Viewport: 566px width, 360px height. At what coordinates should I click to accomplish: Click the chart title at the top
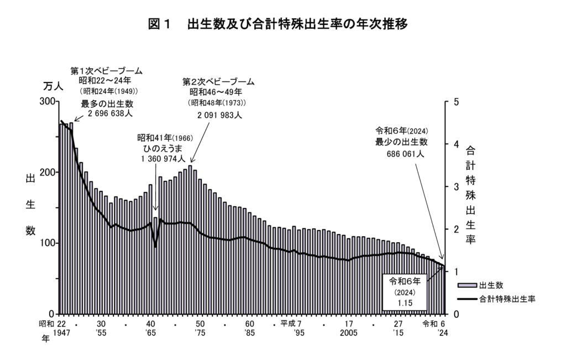click(282, 25)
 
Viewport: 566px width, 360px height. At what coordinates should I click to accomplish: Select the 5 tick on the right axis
click(456, 102)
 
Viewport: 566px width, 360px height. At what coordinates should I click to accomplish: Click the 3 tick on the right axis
click(456, 186)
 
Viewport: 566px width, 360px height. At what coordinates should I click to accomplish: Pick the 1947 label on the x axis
click(62, 334)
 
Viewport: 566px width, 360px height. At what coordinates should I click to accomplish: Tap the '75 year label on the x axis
click(200, 334)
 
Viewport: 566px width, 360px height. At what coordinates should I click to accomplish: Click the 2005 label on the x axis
click(349, 334)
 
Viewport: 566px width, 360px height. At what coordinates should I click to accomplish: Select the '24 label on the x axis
click(443, 334)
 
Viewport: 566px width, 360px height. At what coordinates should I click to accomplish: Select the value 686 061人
click(405, 154)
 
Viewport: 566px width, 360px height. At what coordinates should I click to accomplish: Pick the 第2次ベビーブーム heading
click(219, 82)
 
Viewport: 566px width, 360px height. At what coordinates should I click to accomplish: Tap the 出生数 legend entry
click(490, 285)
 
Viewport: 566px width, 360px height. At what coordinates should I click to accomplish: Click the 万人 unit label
click(54, 86)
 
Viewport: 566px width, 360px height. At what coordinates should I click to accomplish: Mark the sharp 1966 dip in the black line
click(155, 246)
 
